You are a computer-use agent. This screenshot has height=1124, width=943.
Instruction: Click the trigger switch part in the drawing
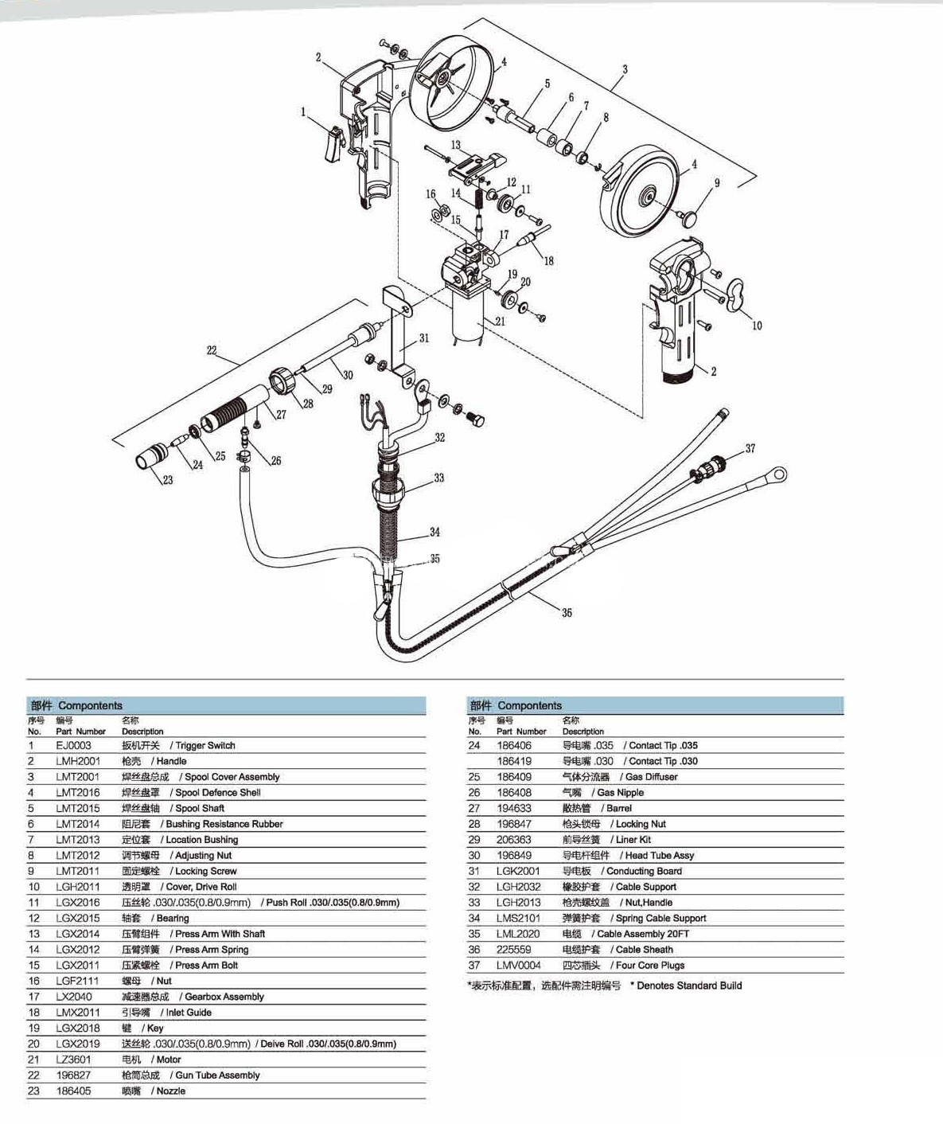click(333, 144)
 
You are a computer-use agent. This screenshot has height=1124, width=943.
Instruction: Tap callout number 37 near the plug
click(750, 448)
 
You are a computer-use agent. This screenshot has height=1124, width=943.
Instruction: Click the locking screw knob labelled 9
click(689, 217)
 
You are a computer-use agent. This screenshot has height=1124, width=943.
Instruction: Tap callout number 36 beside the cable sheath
click(567, 613)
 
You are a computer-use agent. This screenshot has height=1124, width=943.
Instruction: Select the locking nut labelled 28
click(283, 381)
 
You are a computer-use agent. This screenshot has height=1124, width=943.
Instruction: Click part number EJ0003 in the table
click(73, 746)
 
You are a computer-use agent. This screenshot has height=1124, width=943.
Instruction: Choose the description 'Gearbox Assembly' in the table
click(224, 997)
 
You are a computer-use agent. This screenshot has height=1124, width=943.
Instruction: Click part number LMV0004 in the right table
click(518, 966)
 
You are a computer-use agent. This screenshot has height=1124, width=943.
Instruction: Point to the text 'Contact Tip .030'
click(663, 761)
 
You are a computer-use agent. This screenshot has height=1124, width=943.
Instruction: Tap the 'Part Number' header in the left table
click(80, 732)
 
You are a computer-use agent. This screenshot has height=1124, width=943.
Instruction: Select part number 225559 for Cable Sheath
click(513, 950)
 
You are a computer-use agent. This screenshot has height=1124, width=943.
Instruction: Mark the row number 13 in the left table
click(34, 934)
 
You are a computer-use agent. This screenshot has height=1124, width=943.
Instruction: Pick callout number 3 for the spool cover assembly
click(625, 69)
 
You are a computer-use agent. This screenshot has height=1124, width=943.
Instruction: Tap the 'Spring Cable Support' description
click(660, 919)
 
